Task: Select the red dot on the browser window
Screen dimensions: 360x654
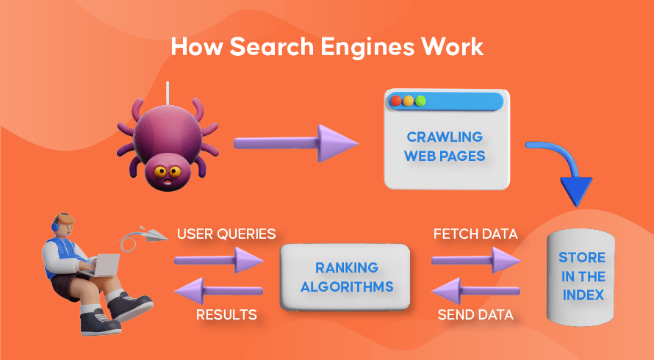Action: pos(395,101)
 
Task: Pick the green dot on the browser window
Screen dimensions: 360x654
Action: pos(420,101)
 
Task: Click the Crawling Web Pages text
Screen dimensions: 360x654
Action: pos(445,146)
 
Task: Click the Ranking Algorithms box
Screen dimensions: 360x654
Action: pos(345,277)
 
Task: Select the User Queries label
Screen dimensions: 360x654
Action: pos(226,234)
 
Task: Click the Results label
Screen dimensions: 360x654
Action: pos(226,315)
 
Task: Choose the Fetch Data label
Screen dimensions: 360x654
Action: pos(475,234)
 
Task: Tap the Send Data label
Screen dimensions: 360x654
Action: pos(475,315)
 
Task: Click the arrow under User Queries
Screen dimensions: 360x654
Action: pos(220,259)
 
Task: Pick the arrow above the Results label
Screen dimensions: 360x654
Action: pos(220,290)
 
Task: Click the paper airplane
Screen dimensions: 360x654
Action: pos(150,233)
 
